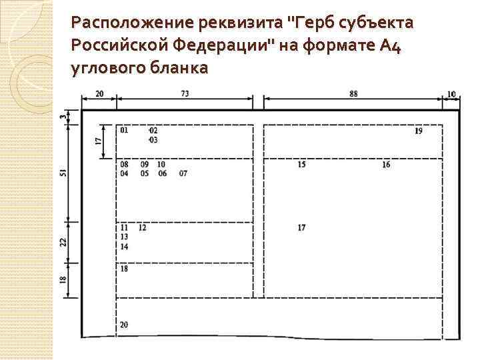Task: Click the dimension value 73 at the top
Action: pos(185,94)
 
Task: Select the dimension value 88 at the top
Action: pos(353,94)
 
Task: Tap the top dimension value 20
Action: pos(99,94)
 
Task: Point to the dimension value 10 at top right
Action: pos(451,94)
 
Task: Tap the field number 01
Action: pos(125,131)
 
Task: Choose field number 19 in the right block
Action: pos(418,131)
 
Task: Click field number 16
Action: pos(386,165)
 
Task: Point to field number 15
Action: pos(302,165)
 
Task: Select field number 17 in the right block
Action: pos(302,228)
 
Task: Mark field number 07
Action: pos(183,174)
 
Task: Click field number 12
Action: pos(143,228)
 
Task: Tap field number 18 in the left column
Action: pos(125,269)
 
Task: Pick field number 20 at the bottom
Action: pos(125,325)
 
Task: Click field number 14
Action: pos(125,247)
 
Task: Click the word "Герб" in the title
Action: pos(311,23)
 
